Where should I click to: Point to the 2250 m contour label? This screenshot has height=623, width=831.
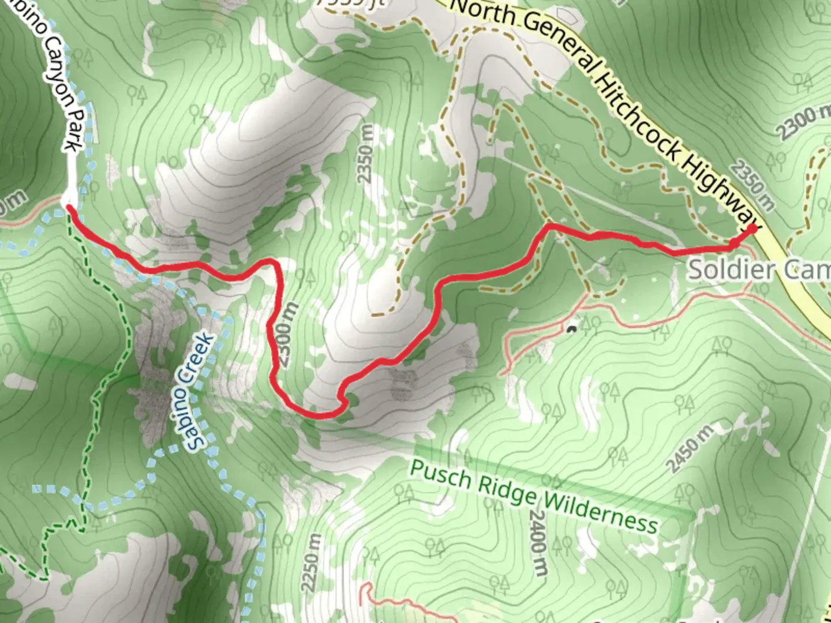311,562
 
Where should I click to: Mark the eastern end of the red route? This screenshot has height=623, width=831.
753,228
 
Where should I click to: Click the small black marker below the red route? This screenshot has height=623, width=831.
571,330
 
